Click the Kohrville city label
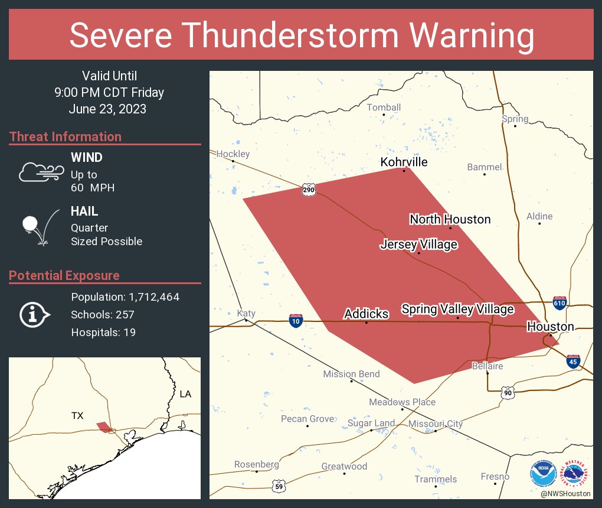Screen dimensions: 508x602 tap(404, 162)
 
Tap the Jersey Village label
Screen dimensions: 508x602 tap(418, 245)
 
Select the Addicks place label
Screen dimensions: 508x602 tap(366, 314)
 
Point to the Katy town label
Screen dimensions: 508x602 tap(246, 313)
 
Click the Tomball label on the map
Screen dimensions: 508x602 tap(384, 108)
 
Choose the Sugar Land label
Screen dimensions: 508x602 tap(371, 424)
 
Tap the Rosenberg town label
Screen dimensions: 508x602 tap(256, 464)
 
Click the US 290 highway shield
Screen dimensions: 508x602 tap(309, 190)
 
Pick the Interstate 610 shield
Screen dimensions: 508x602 tap(560, 304)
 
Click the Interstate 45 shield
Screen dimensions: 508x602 tap(572, 362)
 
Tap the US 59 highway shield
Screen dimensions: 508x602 tap(279, 486)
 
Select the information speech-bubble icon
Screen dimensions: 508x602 tap(34, 315)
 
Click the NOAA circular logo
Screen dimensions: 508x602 tap(543, 473)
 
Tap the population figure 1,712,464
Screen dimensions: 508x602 tap(150, 297)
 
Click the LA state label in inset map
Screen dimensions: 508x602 tap(186, 394)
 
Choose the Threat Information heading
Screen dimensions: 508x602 tap(66, 137)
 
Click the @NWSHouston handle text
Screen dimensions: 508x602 tap(565, 493)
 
